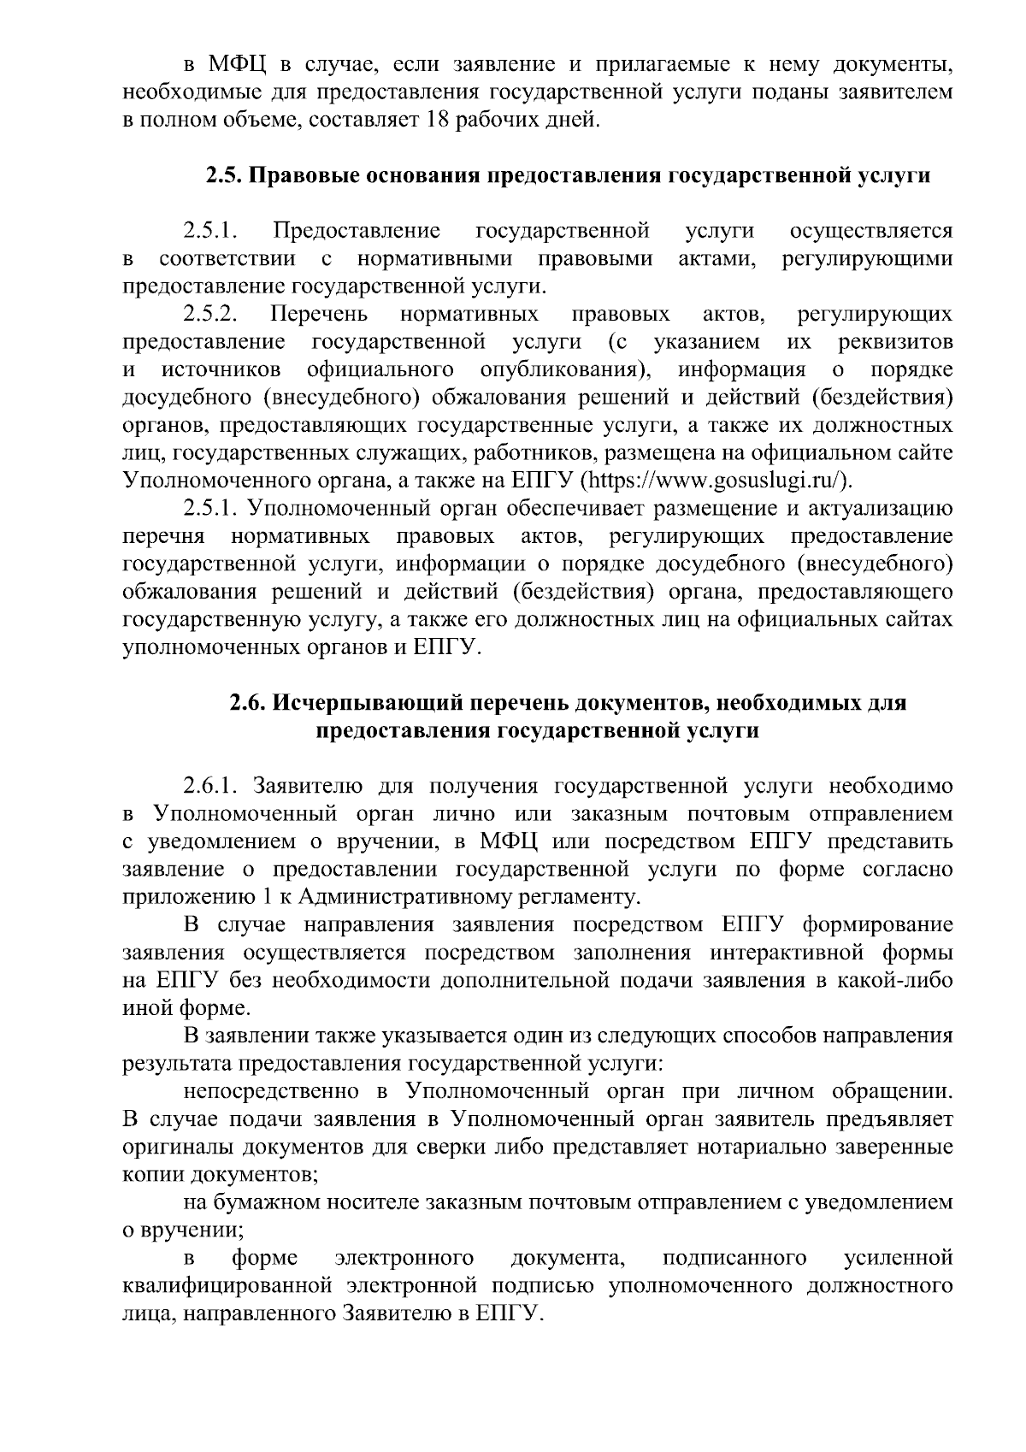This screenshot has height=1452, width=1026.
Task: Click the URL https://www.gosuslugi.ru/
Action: (714, 480)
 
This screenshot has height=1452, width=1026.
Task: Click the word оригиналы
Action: (175, 1146)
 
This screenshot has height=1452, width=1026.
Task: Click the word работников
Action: (544, 452)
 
